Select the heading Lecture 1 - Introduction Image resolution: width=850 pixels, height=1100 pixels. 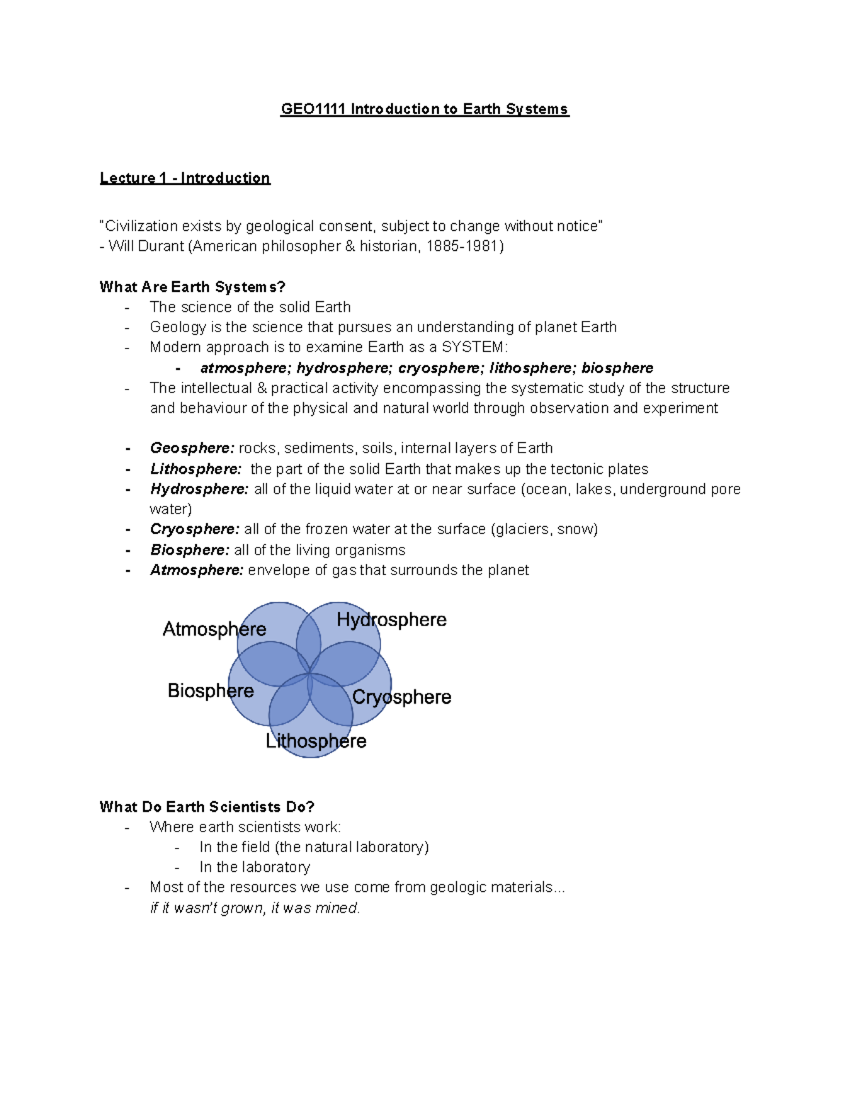185,178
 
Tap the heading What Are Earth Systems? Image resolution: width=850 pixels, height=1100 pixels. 192,287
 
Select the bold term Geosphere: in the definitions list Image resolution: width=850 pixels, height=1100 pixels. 192,448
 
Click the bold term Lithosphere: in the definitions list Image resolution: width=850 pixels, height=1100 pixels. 195,469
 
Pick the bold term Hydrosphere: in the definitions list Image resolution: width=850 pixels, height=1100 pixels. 199,489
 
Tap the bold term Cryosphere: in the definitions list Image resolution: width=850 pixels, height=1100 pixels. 195,529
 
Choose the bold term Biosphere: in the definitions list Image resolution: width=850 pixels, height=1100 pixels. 190,550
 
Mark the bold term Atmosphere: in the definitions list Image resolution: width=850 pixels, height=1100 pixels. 197,570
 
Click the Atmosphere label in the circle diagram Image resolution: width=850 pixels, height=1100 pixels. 214,629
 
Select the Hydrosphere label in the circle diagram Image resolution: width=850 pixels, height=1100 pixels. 391,620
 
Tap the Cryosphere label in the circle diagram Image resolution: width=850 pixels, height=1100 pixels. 402,697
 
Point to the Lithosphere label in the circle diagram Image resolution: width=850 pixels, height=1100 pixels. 316,741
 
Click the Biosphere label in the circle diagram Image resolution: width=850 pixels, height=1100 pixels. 210,691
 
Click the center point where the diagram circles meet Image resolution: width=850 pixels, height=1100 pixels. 310,674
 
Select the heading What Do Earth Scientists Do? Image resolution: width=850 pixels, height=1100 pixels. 207,807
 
